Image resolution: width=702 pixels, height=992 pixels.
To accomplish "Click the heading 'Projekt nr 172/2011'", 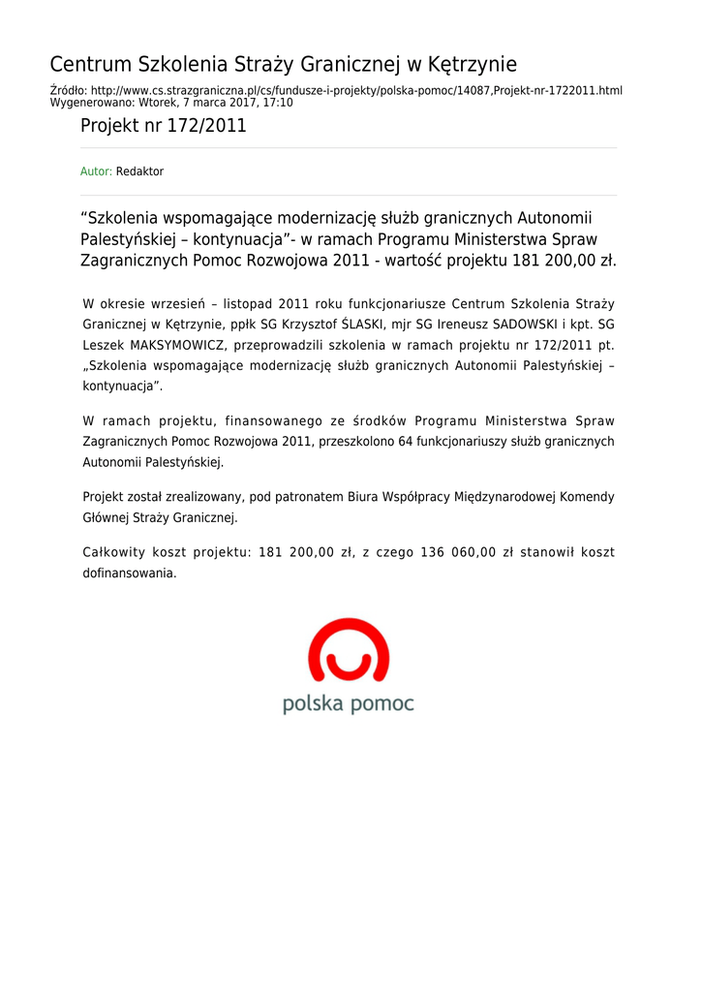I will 163,126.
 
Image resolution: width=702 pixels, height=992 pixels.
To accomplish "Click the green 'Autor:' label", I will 96,171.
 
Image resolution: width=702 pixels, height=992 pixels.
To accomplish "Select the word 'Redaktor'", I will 139,171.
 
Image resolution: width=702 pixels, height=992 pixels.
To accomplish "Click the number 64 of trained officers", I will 405,442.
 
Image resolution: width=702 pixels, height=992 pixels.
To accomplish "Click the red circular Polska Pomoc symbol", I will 349,652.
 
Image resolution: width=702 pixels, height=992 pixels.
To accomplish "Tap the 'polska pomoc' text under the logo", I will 349,703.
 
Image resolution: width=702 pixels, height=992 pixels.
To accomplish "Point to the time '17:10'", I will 278,102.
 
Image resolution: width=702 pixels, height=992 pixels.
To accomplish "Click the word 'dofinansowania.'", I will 130,573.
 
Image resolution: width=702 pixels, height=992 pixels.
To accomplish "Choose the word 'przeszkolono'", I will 357,442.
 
